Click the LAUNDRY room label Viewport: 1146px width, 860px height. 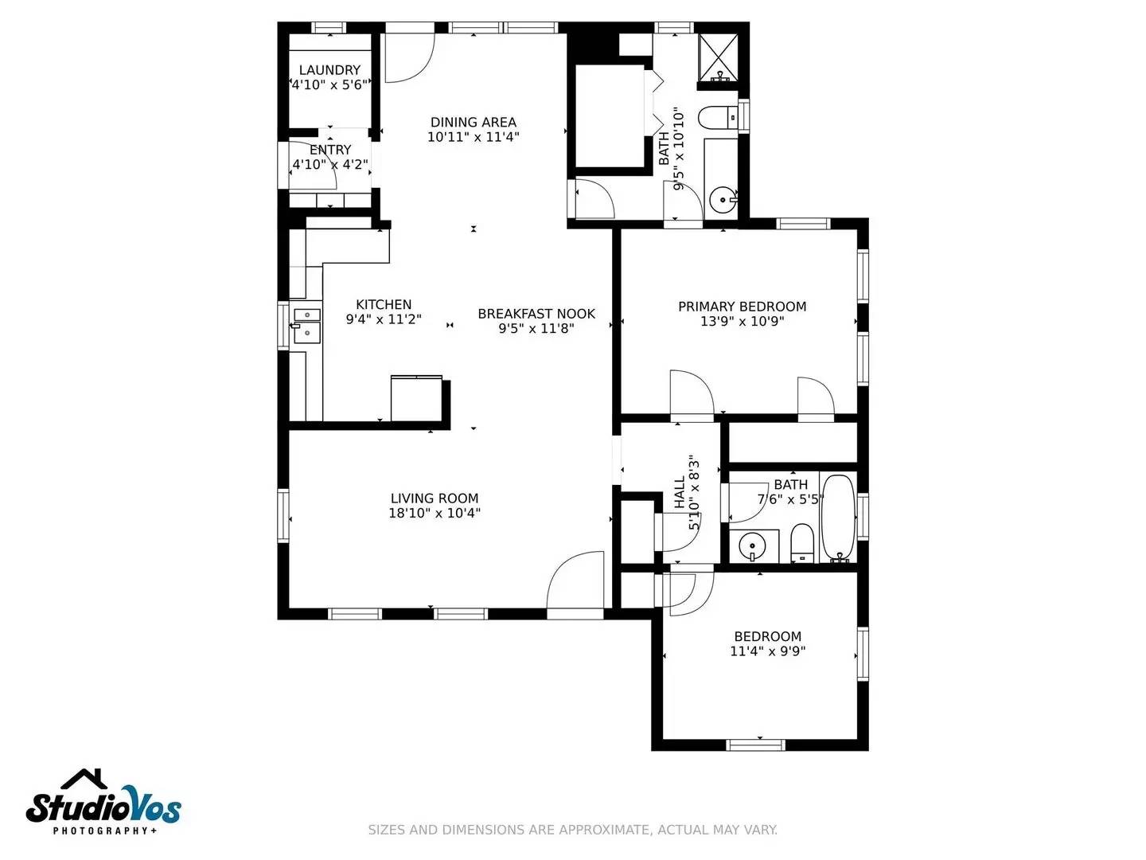point(329,70)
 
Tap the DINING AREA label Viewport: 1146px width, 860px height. point(474,122)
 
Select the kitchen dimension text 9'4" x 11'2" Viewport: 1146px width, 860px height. point(384,319)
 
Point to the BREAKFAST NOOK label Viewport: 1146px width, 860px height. point(536,314)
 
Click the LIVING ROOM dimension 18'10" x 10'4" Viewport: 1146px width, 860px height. point(435,514)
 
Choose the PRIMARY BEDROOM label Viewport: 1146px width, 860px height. point(742,307)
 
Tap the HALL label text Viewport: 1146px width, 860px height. point(680,493)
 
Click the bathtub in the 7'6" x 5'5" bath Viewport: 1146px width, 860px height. point(837,518)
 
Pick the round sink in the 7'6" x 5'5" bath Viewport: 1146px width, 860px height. point(752,546)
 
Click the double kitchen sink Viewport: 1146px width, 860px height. point(306,326)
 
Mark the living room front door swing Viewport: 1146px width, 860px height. point(575,581)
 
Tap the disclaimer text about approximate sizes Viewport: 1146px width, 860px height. point(572,830)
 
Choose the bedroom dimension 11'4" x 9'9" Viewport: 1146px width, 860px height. point(767,651)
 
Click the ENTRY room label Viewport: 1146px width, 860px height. point(330,150)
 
